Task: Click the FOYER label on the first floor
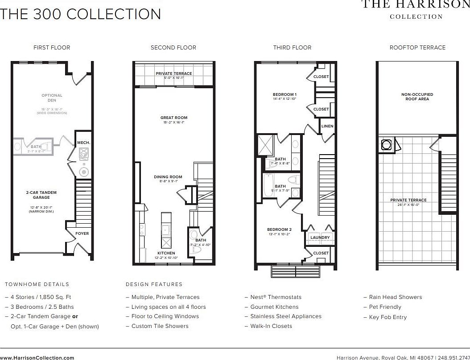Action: pos(82,233)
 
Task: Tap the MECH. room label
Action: pos(83,143)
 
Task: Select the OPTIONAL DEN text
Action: pos(52,98)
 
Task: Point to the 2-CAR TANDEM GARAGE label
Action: pos(41,195)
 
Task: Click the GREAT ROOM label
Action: pos(174,118)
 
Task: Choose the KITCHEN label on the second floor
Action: pos(166,253)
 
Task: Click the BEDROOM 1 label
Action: pos(284,94)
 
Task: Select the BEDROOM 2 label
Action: pos(279,230)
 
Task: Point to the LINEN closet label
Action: pos(327,126)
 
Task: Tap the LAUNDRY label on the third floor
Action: pos(320,237)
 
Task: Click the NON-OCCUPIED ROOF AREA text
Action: pos(417,97)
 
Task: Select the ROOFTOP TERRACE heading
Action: pos(417,48)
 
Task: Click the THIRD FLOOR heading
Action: pos(292,48)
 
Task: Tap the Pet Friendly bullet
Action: pos(385,307)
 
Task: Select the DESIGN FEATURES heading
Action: pos(154,284)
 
